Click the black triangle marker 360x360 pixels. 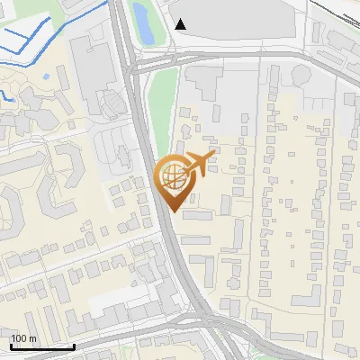(181, 24)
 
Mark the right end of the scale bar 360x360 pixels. (74, 346)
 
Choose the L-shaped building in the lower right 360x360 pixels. (306, 298)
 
